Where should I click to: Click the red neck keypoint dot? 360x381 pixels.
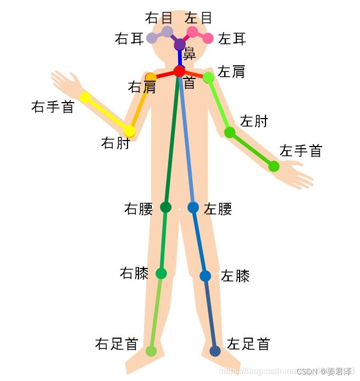(x=179, y=71)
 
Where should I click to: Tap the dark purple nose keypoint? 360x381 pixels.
(x=180, y=44)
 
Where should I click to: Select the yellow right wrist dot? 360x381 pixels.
(x=85, y=97)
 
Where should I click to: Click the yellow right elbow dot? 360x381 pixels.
(x=130, y=131)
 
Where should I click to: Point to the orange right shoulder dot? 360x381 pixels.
(x=151, y=77)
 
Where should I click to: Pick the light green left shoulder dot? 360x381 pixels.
(x=208, y=77)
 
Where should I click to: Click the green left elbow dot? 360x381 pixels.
(x=230, y=132)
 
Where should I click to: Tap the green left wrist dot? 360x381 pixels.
(x=274, y=166)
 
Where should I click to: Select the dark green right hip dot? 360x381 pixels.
(x=165, y=207)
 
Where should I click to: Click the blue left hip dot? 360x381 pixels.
(x=193, y=207)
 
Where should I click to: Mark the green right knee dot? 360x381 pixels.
(x=161, y=273)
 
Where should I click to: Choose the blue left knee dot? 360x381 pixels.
(x=205, y=276)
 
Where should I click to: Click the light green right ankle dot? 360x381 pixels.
(x=151, y=351)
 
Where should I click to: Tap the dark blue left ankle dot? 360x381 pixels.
(x=215, y=351)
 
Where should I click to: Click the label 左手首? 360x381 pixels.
(x=301, y=150)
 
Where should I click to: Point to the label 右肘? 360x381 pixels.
(x=115, y=143)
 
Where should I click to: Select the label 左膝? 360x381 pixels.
(x=235, y=276)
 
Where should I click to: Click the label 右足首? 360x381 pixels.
(x=117, y=344)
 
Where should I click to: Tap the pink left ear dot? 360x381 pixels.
(x=208, y=38)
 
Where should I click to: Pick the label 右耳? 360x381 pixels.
(x=130, y=39)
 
